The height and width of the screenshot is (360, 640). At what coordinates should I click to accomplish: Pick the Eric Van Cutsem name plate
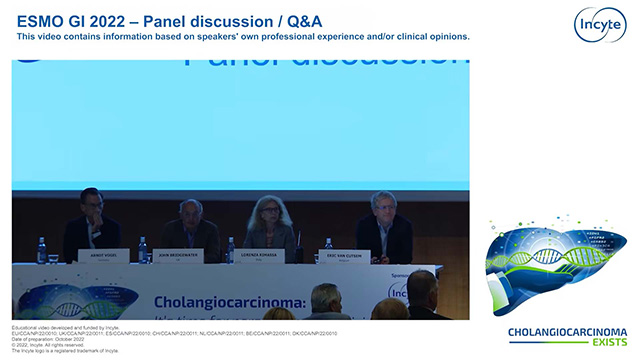click(x=345, y=256)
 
